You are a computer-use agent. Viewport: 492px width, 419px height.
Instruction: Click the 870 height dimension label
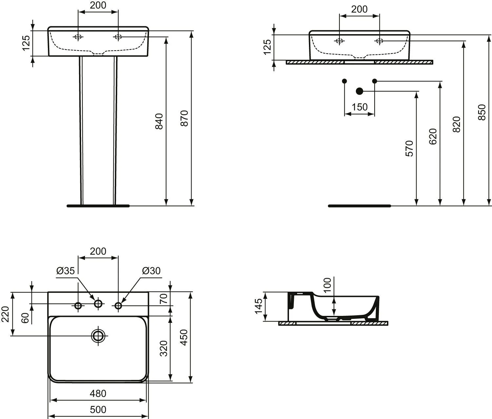coord(185,118)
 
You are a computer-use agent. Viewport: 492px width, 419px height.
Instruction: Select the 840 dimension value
coord(159,121)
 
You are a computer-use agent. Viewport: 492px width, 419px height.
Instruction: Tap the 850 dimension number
coord(482,112)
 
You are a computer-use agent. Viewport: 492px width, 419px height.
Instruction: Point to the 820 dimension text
coord(456,124)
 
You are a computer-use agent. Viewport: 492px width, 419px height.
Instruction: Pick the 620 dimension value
coord(433,136)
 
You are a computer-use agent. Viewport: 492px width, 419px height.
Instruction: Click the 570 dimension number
coord(409,148)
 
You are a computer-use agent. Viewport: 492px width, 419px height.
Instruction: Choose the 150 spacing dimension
coord(359,107)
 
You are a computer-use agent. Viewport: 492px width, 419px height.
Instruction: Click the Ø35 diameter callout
coord(66,271)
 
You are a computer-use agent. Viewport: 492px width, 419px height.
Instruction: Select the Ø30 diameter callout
coord(152,271)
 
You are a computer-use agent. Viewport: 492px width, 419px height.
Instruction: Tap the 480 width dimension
coord(98,393)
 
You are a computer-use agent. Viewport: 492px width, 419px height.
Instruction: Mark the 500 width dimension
coord(98,409)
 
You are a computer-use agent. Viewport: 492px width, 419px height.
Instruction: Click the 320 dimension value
coord(164,348)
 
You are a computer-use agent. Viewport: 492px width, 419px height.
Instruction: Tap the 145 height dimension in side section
coord(258,306)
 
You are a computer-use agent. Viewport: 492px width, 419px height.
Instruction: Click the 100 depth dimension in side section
coord(328,285)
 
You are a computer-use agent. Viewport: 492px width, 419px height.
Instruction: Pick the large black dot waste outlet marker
coord(359,91)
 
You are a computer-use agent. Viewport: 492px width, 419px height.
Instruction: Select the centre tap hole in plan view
coord(98,304)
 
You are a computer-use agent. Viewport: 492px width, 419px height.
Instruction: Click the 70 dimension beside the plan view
coord(164,298)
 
